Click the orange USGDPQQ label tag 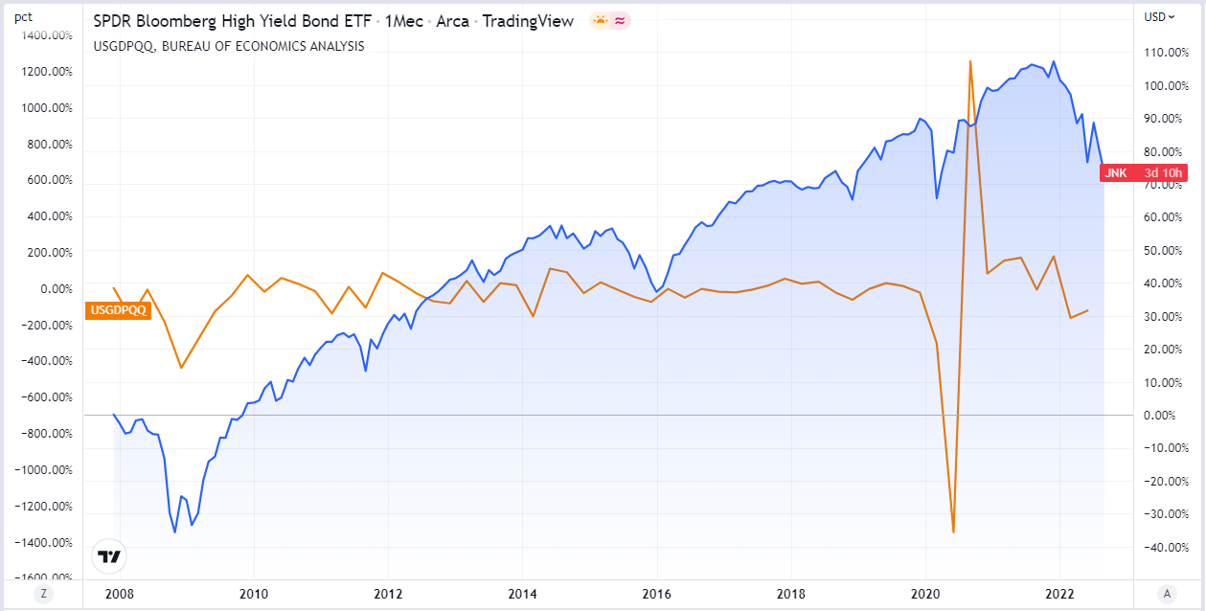[119, 309]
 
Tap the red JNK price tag [1144, 173]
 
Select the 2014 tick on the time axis [522, 594]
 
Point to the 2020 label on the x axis [925, 594]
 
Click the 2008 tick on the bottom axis [119, 594]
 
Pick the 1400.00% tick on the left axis [48, 35]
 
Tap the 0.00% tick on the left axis [55, 288]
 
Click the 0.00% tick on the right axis [1161, 415]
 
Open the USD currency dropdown [1159, 16]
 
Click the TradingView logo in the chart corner [110, 557]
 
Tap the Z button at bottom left [42, 594]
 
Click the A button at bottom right [1167, 594]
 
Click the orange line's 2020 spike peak [970, 61]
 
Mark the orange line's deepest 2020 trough [953, 532]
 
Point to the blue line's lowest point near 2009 [174, 532]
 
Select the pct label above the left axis [23, 16]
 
